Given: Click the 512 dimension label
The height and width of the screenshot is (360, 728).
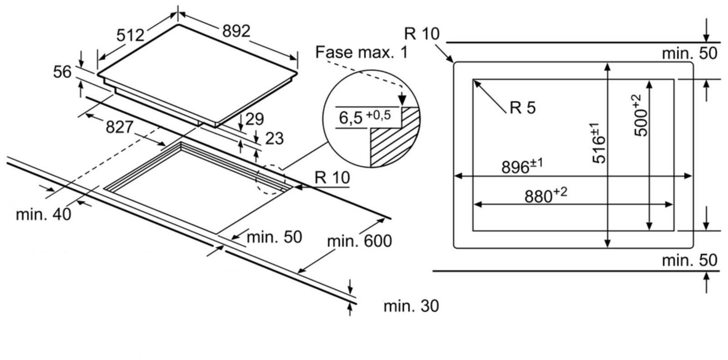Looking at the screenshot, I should pyautogui.click(x=130, y=35).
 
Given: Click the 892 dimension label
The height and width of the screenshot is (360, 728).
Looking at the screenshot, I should pyautogui.click(x=236, y=31).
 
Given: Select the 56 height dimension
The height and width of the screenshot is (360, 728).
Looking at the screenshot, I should pyautogui.click(x=62, y=72).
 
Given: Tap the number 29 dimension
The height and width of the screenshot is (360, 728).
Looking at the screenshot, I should pyautogui.click(x=254, y=119).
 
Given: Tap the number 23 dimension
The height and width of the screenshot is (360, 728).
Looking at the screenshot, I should pyautogui.click(x=274, y=138).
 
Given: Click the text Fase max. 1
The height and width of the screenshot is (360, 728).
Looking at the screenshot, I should pyautogui.click(x=362, y=52).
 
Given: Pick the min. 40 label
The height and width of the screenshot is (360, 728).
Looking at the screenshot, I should pyautogui.click(x=44, y=214).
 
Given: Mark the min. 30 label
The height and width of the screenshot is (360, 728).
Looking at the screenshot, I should pyautogui.click(x=411, y=306).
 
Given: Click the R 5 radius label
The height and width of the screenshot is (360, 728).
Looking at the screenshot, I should pyautogui.click(x=523, y=108).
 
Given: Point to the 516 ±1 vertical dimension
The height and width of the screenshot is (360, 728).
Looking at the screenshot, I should pyautogui.click(x=599, y=143).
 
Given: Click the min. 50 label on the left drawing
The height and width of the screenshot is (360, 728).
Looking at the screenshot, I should pyautogui.click(x=274, y=237).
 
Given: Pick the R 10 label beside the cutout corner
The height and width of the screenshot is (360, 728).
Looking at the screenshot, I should pyautogui.click(x=332, y=178).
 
